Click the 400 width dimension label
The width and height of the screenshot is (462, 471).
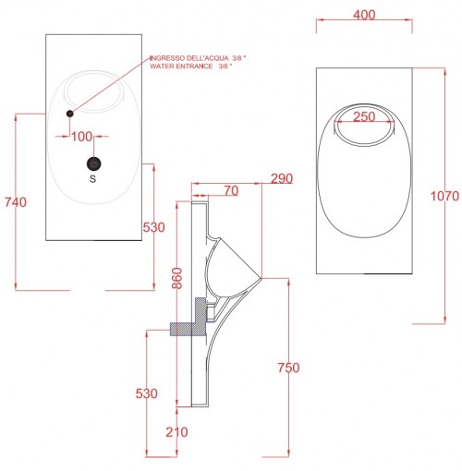tap(364, 15)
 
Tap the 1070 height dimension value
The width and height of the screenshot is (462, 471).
tap(444, 196)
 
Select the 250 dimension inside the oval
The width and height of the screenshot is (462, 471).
tap(364, 116)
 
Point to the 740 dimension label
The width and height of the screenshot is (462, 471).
tap(16, 202)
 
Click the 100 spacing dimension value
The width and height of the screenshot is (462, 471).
tap(81, 137)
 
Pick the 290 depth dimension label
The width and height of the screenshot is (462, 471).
tap(282, 178)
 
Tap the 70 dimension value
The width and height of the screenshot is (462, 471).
tap(231, 191)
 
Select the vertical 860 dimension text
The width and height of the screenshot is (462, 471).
tap(177, 278)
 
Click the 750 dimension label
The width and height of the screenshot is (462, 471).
tap(288, 368)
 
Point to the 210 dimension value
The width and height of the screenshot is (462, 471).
tap(176, 432)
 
